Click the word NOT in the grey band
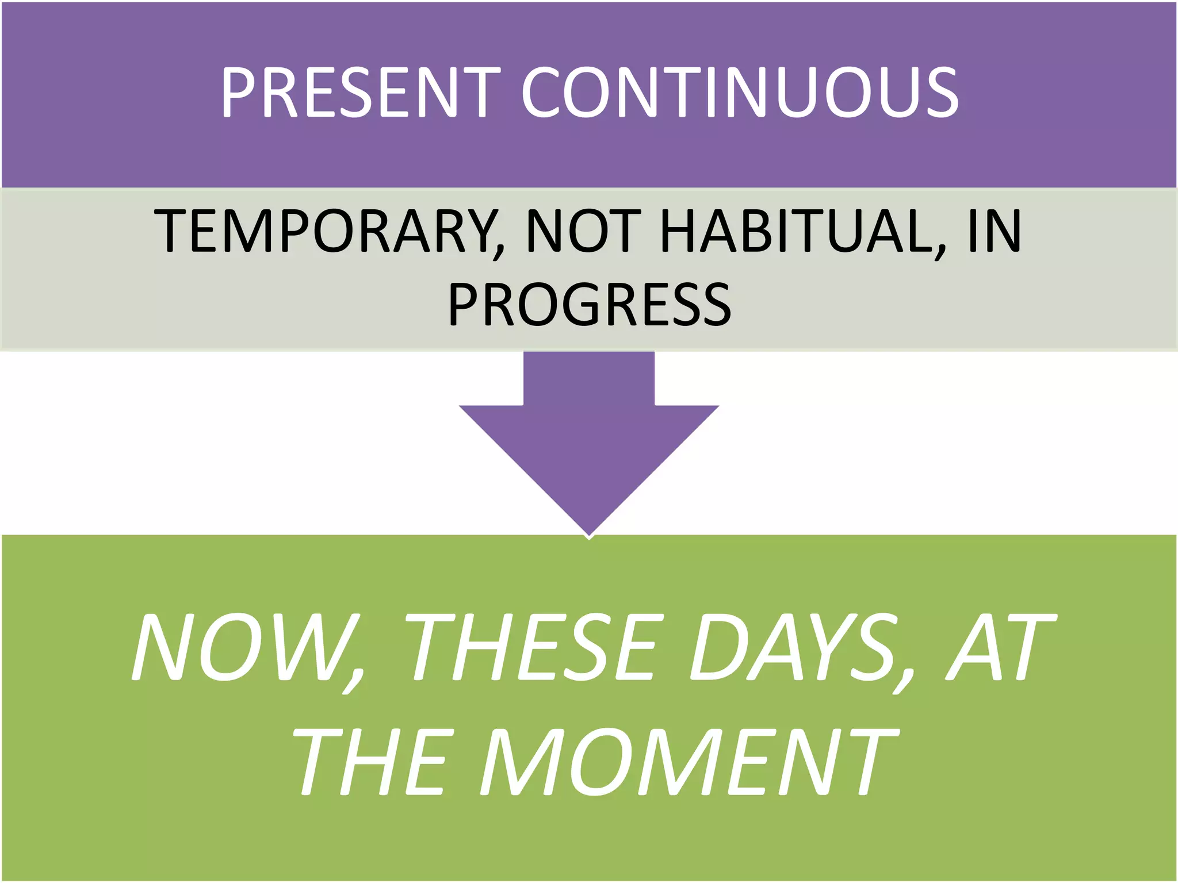[x=583, y=231]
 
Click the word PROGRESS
[x=590, y=305]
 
